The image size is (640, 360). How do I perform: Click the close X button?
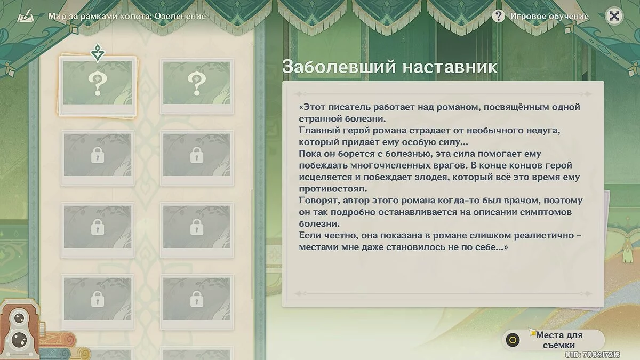pos(614,16)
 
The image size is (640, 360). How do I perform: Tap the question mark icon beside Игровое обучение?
pos(498,17)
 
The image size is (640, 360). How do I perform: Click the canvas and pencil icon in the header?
pos(26,16)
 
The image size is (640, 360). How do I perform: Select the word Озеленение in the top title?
pos(180,17)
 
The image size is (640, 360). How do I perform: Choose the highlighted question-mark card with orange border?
pos(97,86)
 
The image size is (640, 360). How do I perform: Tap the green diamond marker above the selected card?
pos(98,53)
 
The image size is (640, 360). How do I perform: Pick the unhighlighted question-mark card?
pos(197,86)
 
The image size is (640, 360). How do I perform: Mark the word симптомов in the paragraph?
pos(546,212)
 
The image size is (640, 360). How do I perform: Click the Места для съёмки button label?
pos(558,340)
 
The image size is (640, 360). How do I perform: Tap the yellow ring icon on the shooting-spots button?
pos(513,340)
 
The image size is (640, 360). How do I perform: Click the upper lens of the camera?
pos(19,318)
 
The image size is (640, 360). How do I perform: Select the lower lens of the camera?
pos(20,340)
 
